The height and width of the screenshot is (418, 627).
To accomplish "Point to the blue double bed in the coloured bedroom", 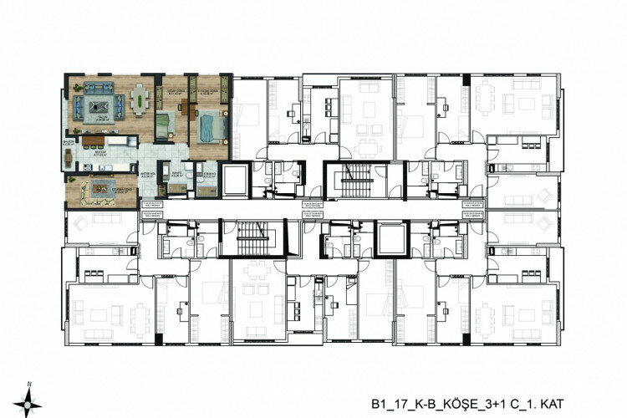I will tap(208, 126).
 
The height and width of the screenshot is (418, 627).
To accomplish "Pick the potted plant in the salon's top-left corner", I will tap(72, 84).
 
